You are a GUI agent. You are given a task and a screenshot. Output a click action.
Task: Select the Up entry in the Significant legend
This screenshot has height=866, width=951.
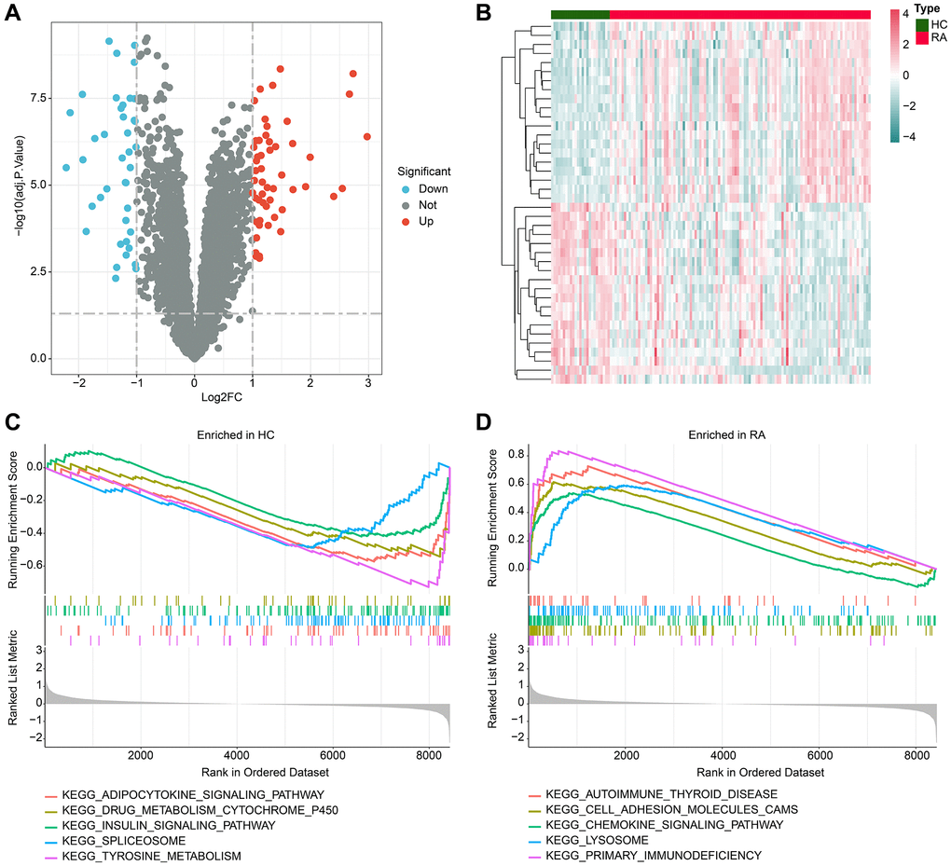pos(426,221)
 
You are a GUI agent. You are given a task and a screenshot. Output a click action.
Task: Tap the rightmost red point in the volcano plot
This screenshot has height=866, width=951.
pos(367,136)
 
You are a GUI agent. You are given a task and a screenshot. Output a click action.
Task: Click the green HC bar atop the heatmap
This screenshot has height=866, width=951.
pos(580,14)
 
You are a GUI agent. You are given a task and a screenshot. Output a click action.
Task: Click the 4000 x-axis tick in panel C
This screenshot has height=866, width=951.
pos(237,757)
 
